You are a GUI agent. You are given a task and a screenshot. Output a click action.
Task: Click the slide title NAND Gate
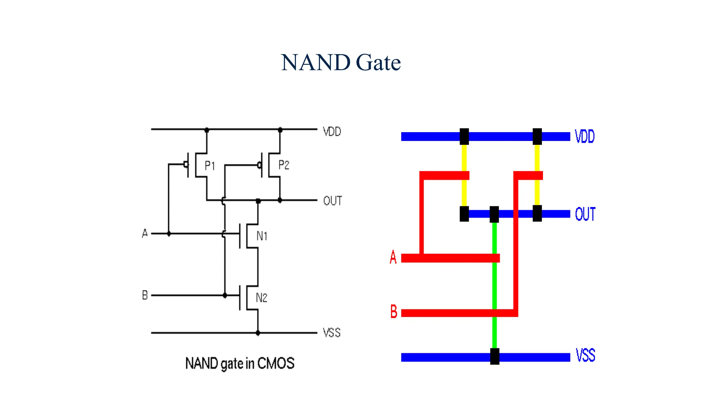(x=341, y=63)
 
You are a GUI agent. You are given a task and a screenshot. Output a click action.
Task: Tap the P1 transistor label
(x=210, y=165)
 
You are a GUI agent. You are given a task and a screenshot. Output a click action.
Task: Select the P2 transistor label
(x=284, y=165)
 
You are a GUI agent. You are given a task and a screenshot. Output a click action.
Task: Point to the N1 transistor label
(x=262, y=236)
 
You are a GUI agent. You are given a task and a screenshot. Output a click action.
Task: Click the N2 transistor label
(x=261, y=298)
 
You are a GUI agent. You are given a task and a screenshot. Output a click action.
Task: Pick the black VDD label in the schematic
(x=332, y=132)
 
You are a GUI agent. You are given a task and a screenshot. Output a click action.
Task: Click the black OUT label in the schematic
(x=332, y=201)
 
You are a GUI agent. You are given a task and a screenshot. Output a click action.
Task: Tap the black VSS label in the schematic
(x=332, y=332)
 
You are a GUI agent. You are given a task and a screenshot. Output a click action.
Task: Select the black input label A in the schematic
(x=145, y=233)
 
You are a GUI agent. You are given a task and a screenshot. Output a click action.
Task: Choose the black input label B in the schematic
(x=145, y=295)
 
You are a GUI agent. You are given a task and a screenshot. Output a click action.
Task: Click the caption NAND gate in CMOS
(x=240, y=363)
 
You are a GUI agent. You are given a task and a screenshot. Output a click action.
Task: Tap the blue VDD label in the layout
(x=584, y=136)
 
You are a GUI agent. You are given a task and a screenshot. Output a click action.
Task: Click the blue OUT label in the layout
(x=585, y=214)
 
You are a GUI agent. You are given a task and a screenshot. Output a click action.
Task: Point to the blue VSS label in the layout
(x=585, y=355)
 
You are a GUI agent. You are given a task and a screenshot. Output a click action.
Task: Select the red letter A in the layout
(x=393, y=257)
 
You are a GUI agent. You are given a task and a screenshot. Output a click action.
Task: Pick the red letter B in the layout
(x=393, y=312)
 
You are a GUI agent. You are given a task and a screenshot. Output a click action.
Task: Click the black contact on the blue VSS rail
(x=495, y=356)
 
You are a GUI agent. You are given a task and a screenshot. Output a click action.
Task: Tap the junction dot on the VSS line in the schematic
(x=258, y=333)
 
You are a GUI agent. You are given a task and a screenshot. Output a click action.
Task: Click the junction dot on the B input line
(x=225, y=295)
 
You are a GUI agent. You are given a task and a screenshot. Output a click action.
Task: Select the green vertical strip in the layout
(x=495, y=283)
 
